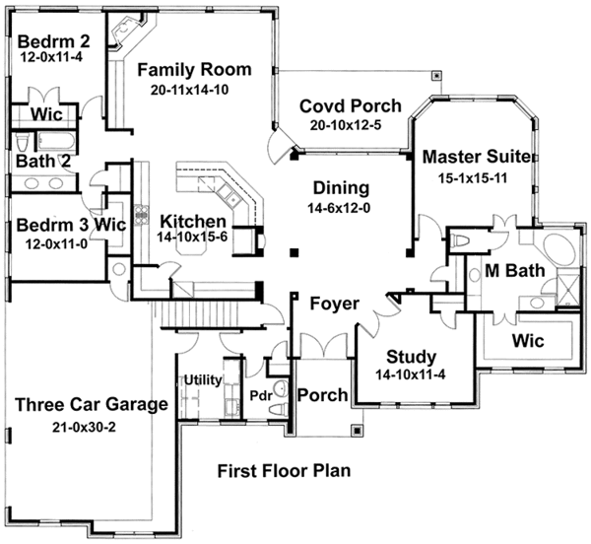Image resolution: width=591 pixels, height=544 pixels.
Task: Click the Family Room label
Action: [x=194, y=70]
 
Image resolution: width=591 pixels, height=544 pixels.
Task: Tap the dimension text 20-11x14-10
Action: [x=189, y=90]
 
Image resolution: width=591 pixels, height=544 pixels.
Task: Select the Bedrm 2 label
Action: [x=54, y=41]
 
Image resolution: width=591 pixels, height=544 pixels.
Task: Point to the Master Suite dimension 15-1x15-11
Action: [x=472, y=178]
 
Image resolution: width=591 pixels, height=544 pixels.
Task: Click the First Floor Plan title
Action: [x=285, y=471]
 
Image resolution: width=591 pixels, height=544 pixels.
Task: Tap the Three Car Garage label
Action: [x=92, y=404]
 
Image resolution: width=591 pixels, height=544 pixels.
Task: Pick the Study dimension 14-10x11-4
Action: [x=411, y=374]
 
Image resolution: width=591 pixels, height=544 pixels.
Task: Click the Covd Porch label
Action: [x=351, y=106]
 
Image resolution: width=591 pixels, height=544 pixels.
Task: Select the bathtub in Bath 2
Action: [x=56, y=142]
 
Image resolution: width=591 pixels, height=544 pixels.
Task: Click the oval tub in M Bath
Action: [x=558, y=250]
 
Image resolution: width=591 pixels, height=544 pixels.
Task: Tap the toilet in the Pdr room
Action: [x=280, y=409]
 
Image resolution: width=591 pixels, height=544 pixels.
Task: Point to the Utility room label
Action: [x=203, y=380]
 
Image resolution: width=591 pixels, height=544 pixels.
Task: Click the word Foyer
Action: [x=334, y=304]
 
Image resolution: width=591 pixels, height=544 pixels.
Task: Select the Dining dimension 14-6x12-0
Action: [x=339, y=208]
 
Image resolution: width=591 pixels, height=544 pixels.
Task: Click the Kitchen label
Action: [x=193, y=222]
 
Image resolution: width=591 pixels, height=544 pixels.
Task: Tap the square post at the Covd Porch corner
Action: [x=436, y=76]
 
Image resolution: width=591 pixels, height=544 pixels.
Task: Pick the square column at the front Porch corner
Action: [x=357, y=430]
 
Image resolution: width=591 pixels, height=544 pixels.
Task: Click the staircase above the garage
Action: [x=201, y=315]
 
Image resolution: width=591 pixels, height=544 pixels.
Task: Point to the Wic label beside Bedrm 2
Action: [x=46, y=114]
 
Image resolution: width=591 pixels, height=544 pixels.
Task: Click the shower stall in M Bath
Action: [x=568, y=290]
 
